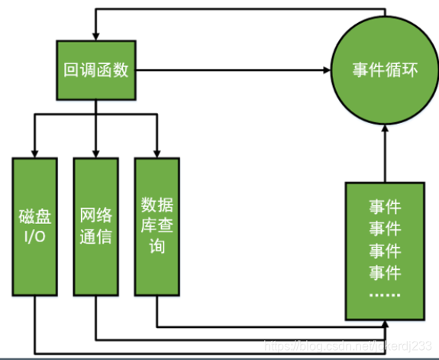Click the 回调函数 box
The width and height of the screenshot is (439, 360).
(x=95, y=72)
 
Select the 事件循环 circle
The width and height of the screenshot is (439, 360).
(x=384, y=72)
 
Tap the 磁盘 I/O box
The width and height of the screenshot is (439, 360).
(x=34, y=226)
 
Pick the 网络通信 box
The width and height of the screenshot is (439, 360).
(x=95, y=226)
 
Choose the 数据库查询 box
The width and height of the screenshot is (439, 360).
(x=156, y=226)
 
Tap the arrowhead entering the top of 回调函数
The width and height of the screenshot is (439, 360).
(x=95, y=34)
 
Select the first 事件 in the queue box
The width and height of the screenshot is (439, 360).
(x=385, y=206)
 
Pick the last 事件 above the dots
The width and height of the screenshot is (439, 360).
(x=385, y=271)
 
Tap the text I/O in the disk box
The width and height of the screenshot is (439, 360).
(x=34, y=236)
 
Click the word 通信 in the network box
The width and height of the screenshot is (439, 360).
(x=95, y=236)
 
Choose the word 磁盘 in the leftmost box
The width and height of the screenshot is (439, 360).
(x=34, y=215)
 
